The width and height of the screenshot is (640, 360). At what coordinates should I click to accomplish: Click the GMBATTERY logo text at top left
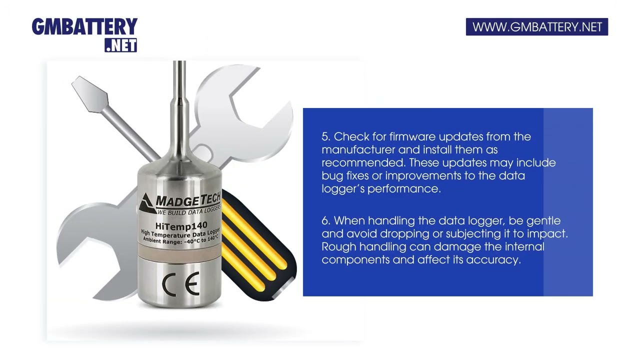point(84,26)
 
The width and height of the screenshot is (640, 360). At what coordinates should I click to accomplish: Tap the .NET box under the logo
point(121,45)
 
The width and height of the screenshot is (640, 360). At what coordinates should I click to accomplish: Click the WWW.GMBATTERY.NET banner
point(537,27)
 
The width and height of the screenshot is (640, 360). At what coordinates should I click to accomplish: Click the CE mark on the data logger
point(180,284)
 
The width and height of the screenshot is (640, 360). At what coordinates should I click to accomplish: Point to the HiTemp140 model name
point(181,225)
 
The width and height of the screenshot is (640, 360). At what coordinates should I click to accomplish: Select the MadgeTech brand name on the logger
point(188,199)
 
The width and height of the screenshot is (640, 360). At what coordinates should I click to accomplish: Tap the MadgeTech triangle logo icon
point(147,203)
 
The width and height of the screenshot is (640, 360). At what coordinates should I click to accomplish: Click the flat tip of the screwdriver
point(89,94)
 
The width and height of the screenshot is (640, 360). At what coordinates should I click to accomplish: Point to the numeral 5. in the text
point(326,137)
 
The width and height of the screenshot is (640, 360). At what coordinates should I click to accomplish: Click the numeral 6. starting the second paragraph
point(326,221)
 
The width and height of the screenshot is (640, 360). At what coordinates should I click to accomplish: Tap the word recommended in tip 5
point(363,162)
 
